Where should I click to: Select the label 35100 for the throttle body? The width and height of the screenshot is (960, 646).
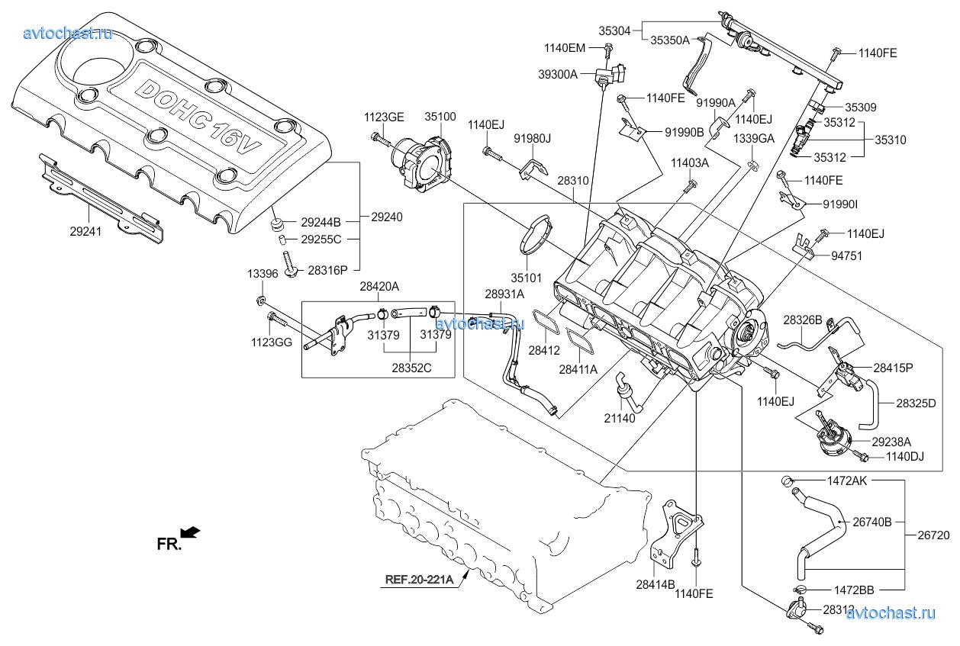click(x=440, y=117)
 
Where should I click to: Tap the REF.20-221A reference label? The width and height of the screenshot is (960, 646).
click(x=419, y=579)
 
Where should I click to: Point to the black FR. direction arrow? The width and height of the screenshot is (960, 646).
click(x=191, y=532)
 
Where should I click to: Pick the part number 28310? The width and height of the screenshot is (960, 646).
click(x=572, y=182)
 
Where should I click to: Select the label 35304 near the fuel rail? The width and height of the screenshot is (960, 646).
click(x=614, y=31)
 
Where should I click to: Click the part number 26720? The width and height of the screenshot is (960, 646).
click(x=933, y=535)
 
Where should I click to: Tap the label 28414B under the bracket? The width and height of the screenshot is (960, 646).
click(x=655, y=585)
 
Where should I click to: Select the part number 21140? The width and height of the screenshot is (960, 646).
click(x=620, y=418)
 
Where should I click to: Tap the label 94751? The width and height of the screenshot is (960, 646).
click(x=847, y=256)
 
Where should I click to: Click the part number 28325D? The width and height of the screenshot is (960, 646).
click(x=915, y=403)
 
